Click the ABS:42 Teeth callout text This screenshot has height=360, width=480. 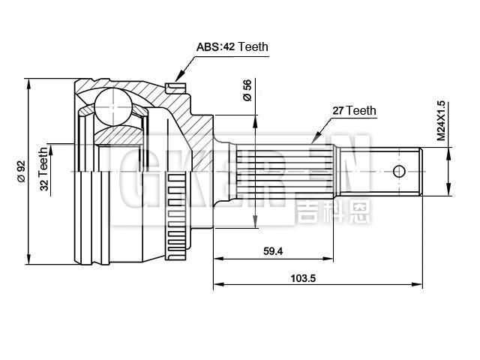pos(232,46)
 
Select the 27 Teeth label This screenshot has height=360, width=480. pos(354,110)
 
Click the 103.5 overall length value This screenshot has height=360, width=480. pos(302,277)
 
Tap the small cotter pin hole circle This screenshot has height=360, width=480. pos(400,171)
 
